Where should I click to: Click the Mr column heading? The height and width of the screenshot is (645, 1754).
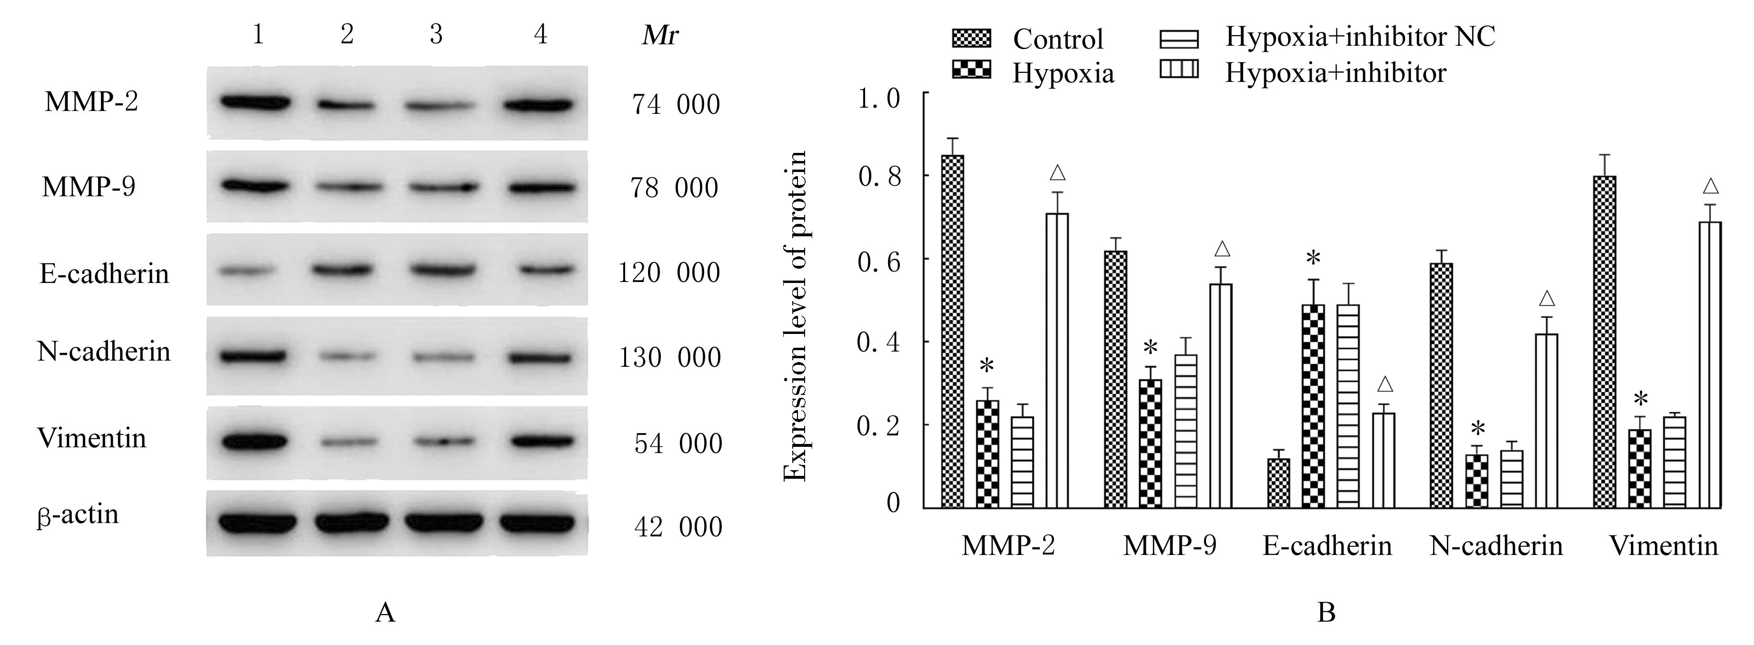point(660,35)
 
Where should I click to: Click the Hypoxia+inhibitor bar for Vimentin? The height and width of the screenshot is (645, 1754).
point(1710,364)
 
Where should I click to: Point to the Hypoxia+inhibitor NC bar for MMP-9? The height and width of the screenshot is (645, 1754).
point(1186,431)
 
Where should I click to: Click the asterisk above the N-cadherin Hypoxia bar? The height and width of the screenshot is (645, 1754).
point(1477,430)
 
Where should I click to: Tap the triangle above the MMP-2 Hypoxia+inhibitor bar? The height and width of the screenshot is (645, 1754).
point(1057,173)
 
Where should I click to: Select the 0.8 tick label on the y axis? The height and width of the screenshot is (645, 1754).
point(879,176)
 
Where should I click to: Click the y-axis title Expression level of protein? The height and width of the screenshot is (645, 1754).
point(795,315)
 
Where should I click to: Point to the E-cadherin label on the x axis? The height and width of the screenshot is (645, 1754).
point(1327,546)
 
